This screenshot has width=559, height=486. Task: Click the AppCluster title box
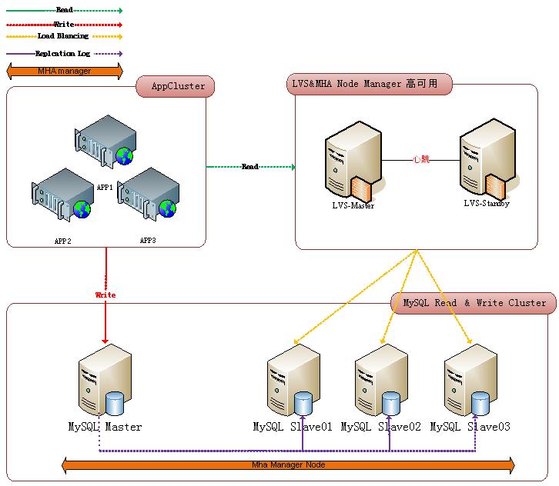(x=176, y=87)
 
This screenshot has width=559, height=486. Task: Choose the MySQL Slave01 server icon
(x=293, y=381)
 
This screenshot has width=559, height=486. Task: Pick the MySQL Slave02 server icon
(x=381, y=381)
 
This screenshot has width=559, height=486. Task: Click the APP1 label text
(x=105, y=187)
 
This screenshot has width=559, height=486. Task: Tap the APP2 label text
(x=63, y=241)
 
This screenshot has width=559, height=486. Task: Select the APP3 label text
(x=148, y=240)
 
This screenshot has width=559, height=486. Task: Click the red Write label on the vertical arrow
(x=105, y=295)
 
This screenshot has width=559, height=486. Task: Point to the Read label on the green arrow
(x=250, y=167)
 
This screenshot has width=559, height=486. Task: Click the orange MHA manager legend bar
(x=64, y=72)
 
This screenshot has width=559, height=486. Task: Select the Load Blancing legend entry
(x=63, y=36)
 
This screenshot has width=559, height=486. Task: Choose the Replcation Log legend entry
(x=63, y=54)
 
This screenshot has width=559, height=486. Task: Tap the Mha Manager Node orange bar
(x=288, y=464)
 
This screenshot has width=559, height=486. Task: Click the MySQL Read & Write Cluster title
(x=474, y=303)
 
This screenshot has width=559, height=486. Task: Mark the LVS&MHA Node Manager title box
(x=369, y=85)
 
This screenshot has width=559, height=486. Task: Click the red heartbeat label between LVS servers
(x=420, y=160)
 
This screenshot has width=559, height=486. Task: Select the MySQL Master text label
(x=105, y=427)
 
